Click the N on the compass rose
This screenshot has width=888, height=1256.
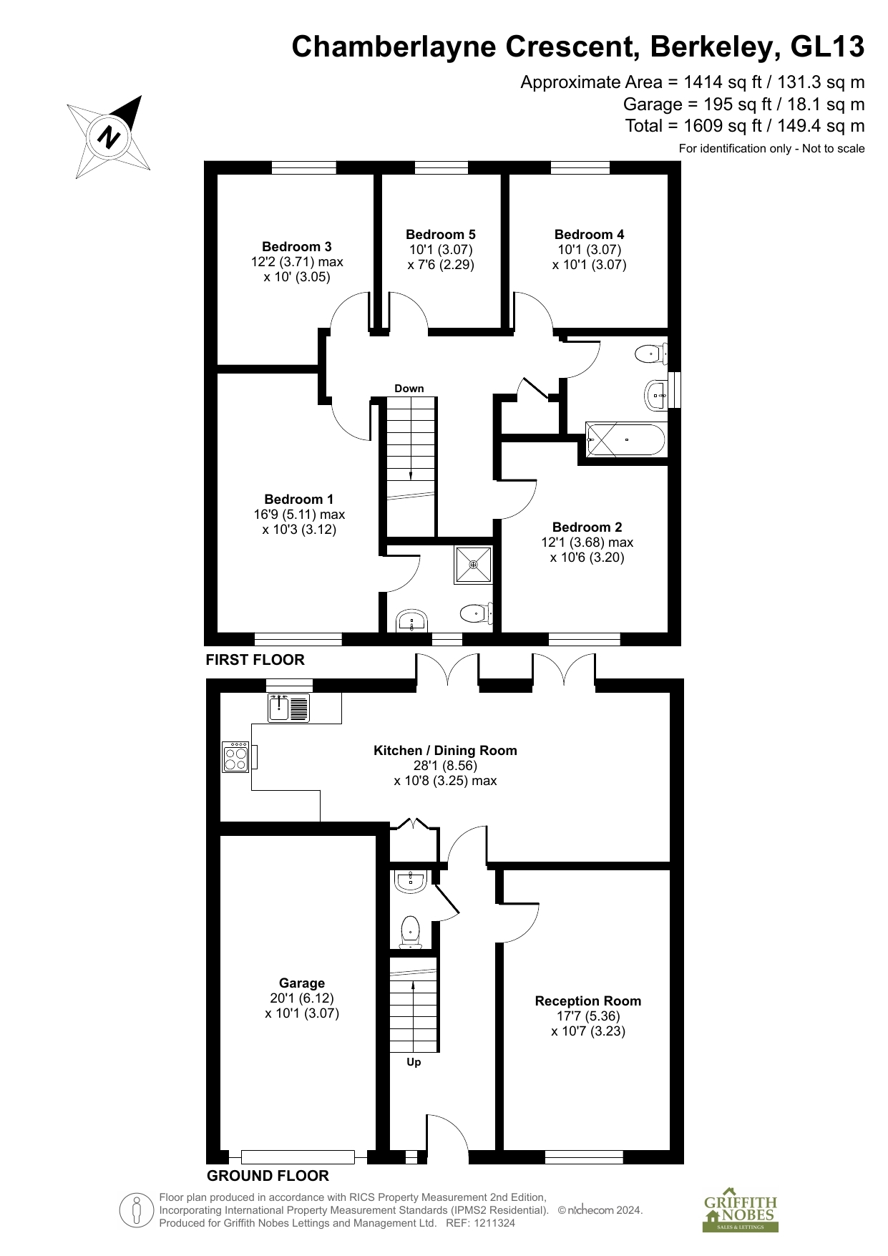tap(109, 136)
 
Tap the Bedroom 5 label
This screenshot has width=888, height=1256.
tap(441, 235)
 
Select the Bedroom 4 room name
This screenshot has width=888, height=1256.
tap(589, 235)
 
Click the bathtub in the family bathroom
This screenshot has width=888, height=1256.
tap(626, 439)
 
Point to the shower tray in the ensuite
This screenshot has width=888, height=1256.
tap(474, 565)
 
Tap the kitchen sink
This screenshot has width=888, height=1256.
tap(288, 707)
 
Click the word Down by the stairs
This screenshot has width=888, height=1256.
tap(409, 389)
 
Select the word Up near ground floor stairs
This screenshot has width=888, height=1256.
tap(414, 1062)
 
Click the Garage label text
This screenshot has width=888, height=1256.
tap(302, 983)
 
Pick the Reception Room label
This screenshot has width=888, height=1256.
tap(588, 1001)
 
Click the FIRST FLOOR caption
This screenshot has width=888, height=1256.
tap(255, 660)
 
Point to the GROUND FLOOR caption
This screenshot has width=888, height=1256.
tap(268, 1176)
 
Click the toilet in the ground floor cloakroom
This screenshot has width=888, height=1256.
tap(410, 932)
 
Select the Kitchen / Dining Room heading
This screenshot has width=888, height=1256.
tap(445, 751)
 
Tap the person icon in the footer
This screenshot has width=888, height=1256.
tap(136, 1211)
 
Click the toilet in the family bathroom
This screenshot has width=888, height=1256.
tap(652, 353)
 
